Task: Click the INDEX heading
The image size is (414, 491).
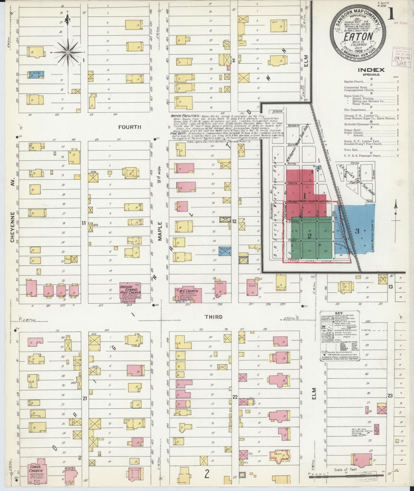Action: click(371, 70)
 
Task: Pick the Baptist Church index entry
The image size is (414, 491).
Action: click(354, 82)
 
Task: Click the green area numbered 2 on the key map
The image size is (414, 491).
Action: click(310, 236)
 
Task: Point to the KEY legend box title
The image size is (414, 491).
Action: click(339, 313)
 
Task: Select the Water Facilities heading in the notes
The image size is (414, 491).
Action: click(183, 116)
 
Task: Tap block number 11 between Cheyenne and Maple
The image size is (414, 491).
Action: click(83, 223)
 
